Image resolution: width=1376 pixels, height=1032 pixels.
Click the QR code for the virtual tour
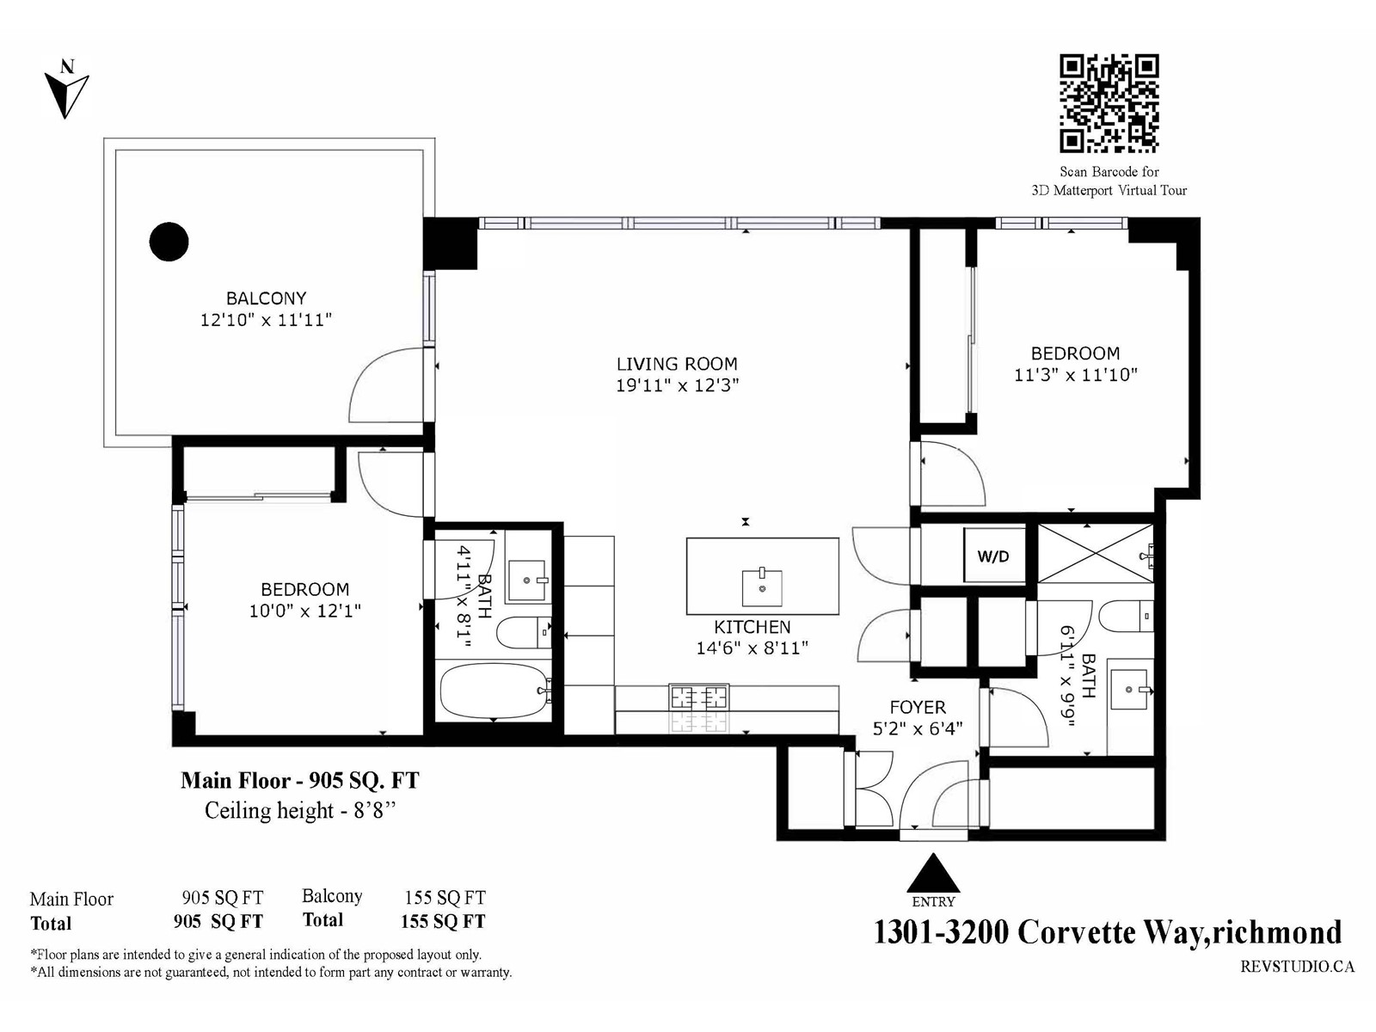click(1109, 103)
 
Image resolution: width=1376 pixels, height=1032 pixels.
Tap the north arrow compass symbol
click(66, 89)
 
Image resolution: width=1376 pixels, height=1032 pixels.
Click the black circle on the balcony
click(169, 242)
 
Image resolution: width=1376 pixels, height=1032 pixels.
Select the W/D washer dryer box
click(993, 556)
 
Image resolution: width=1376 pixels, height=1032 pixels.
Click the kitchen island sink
click(762, 587)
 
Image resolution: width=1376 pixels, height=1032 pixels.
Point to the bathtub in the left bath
click(493, 691)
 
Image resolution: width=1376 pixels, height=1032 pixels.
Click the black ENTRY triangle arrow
click(933, 873)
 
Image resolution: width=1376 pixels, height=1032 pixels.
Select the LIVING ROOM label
click(677, 364)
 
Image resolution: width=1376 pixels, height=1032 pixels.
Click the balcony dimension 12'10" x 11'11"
click(266, 320)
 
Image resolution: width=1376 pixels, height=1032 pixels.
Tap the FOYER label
click(917, 708)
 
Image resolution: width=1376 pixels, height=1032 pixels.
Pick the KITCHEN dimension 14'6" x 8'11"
click(752, 648)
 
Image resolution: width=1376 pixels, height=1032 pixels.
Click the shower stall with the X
click(1095, 554)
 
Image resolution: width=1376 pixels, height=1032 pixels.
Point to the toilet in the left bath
click(524, 633)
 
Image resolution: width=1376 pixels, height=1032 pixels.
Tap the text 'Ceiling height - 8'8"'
click(300, 810)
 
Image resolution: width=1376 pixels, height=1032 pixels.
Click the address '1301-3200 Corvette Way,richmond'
click(1108, 932)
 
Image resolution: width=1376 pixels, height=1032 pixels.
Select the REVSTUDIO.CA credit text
click(1297, 967)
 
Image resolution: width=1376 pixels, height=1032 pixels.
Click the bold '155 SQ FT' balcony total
click(443, 921)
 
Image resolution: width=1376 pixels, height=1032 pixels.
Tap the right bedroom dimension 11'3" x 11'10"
click(1076, 375)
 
